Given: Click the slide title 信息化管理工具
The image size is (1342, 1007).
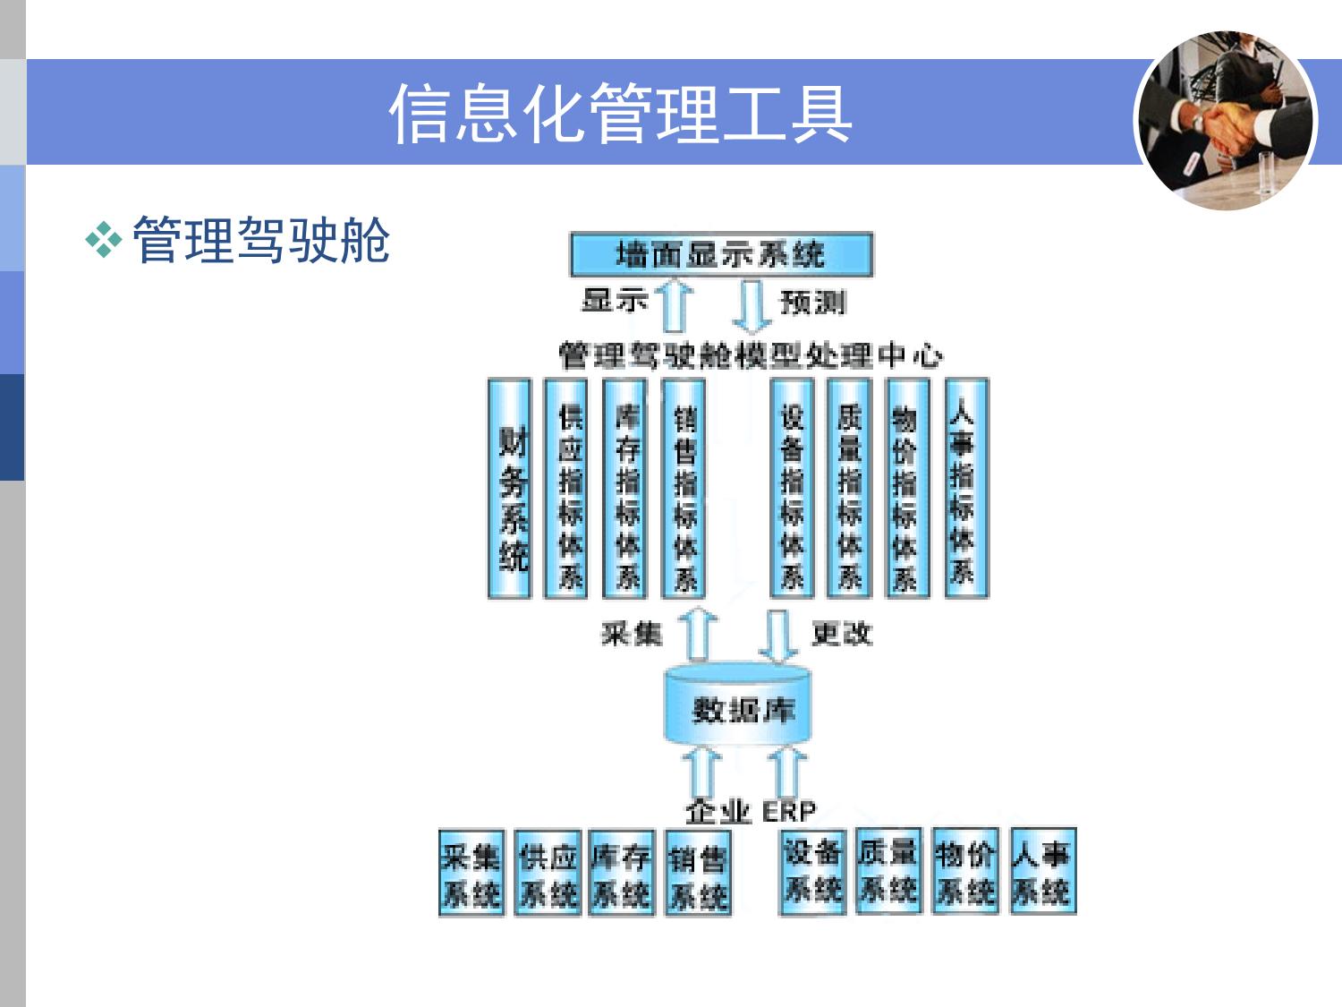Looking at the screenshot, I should pyautogui.click(x=620, y=114).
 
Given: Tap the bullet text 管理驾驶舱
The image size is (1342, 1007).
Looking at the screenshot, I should pyautogui.click(x=261, y=240).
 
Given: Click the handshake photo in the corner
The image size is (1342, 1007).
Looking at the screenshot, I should pyautogui.click(x=1225, y=120).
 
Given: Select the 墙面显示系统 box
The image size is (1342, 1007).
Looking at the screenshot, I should pyautogui.click(x=720, y=254).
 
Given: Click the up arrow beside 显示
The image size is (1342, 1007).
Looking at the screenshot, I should pyautogui.click(x=674, y=306).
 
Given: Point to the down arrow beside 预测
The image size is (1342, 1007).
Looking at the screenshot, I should pyautogui.click(x=752, y=306).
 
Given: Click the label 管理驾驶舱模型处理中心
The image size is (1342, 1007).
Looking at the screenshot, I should pyautogui.click(x=750, y=355).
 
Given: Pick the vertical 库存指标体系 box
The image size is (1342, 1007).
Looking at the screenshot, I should pyautogui.click(x=626, y=489).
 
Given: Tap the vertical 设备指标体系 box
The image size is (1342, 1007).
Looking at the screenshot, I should pyautogui.click(x=792, y=489).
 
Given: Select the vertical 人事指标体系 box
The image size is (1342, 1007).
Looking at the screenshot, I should pyautogui.click(x=964, y=489).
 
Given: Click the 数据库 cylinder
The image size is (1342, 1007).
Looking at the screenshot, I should pyautogui.click(x=739, y=708).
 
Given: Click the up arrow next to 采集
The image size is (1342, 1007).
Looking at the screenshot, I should pyautogui.click(x=698, y=635).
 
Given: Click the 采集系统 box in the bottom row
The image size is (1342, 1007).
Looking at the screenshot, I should pyautogui.click(x=471, y=874).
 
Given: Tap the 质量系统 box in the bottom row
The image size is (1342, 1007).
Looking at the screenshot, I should pyautogui.click(x=888, y=872).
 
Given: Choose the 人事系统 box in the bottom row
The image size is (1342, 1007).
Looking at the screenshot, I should pyautogui.click(x=1041, y=872).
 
